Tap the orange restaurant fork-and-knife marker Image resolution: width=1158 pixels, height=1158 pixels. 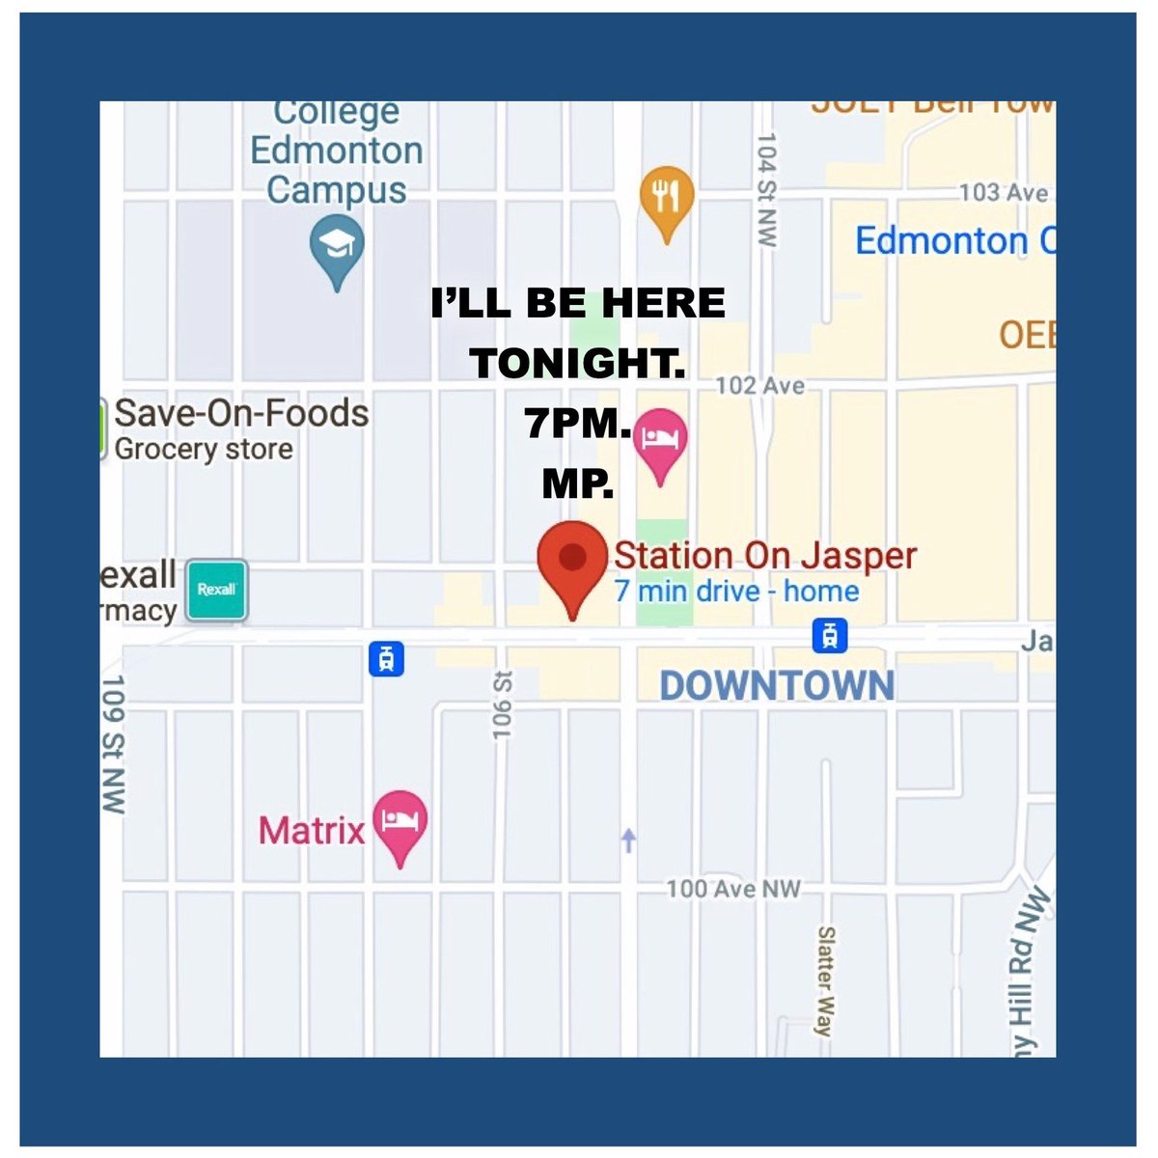666,198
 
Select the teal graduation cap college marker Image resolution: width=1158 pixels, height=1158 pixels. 337,247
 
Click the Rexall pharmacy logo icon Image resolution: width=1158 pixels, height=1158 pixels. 216,590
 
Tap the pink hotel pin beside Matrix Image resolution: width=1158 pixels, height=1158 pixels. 400,823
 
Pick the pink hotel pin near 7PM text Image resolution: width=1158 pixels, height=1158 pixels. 660,440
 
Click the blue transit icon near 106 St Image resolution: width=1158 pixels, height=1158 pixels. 386,659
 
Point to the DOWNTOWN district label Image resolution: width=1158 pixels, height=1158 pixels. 777,686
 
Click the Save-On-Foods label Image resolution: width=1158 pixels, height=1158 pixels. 241,414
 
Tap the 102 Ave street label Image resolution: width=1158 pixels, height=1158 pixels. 759,386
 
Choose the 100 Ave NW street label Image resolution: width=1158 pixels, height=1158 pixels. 733,889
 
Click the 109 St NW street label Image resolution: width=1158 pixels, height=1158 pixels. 114,744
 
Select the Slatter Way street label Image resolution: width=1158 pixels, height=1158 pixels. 826,980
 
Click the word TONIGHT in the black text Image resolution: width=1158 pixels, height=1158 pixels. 576,364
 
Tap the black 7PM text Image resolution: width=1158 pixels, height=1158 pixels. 576,424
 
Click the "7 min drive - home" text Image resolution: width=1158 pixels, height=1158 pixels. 736,591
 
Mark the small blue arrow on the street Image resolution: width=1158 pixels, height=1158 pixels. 629,841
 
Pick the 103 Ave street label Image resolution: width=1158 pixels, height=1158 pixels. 1004,193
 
